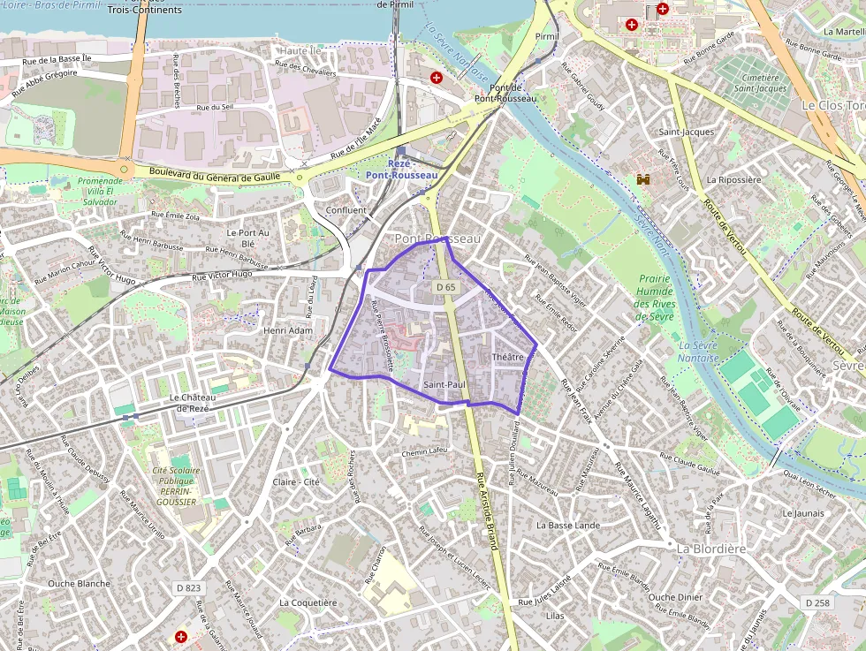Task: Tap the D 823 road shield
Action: (x=188, y=588)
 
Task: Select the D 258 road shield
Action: (x=818, y=602)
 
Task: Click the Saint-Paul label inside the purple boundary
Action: (x=444, y=385)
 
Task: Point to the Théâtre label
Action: (x=508, y=357)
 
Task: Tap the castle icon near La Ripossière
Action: (x=643, y=179)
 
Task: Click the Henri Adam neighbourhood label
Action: (x=288, y=330)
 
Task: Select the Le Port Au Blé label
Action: (x=240, y=238)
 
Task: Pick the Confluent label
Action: (x=346, y=210)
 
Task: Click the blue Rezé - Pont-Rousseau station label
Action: (x=401, y=170)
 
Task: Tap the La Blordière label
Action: (x=711, y=549)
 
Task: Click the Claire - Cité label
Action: (x=296, y=482)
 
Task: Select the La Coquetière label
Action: (x=308, y=602)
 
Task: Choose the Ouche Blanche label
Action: (x=79, y=583)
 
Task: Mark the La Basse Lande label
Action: (x=568, y=525)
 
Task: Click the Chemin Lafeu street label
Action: (x=425, y=451)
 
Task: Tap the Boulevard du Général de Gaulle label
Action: (x=215, y=175)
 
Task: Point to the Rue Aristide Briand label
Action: (x=488, y=512)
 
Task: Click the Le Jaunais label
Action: (x=802, y=512)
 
